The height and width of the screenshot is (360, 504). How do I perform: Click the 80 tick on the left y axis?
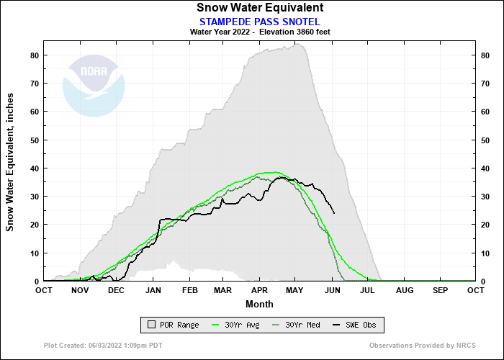point(34,55)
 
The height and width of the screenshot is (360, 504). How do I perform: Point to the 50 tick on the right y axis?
point(486,140)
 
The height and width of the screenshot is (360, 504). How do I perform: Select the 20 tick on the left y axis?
point(34,225)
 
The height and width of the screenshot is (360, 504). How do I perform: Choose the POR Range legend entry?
point(173,325)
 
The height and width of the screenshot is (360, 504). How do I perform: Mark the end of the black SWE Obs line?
point(334,213)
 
